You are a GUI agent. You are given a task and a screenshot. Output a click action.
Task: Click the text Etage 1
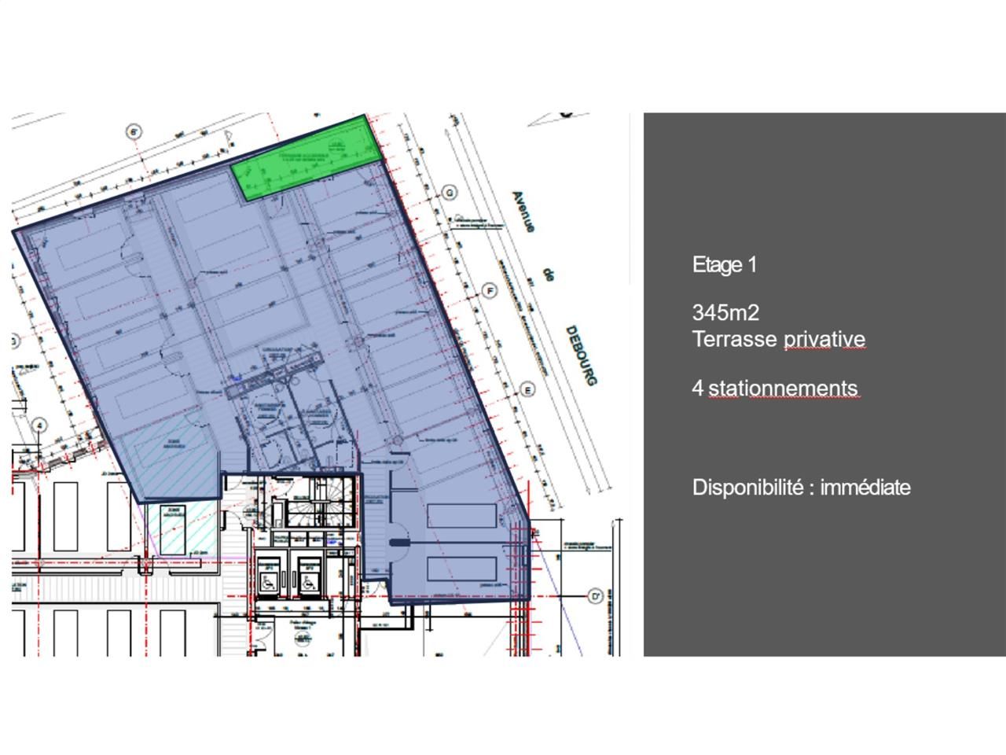pyautogui.click(x=724, y=265)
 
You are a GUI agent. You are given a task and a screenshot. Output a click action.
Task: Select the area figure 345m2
pyautogui.click(x=725, y=312)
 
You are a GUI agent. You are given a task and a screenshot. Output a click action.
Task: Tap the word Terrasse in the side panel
pyautogui.click(x=734, y=339)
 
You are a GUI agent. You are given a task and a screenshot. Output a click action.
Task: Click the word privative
pyautogui.click(x=824, y=339)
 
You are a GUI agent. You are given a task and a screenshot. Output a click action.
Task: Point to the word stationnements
pyautogui.click(x=783, y=388)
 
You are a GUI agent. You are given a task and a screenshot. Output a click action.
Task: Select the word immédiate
pyautogui.click(x=865, y=487)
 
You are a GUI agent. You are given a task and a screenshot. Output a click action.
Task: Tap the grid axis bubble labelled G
pyautogui.click(x=450, y=193)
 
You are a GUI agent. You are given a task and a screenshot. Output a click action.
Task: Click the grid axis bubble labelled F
pyautogui.click(x=490, y=291)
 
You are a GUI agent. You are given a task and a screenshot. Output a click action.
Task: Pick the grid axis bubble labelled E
pyautogui.click(x=527, y=389)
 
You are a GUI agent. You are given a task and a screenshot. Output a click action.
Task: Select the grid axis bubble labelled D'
pyautogui.click(x=596, y=597)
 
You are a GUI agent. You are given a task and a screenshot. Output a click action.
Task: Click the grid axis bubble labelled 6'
pyautogui.click(x=134, y=131)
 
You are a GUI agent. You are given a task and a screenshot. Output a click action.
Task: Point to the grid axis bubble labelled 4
pyautogui.click(x=39, y=425)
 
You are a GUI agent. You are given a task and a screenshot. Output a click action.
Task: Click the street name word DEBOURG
pyautogui.click(x=582, y=355)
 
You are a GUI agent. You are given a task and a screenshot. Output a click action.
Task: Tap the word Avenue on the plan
pyautogui.click(x=523, y=212)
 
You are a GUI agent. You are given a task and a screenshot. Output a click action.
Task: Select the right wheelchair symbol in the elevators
pyautogui.click(x=310, y=580)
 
